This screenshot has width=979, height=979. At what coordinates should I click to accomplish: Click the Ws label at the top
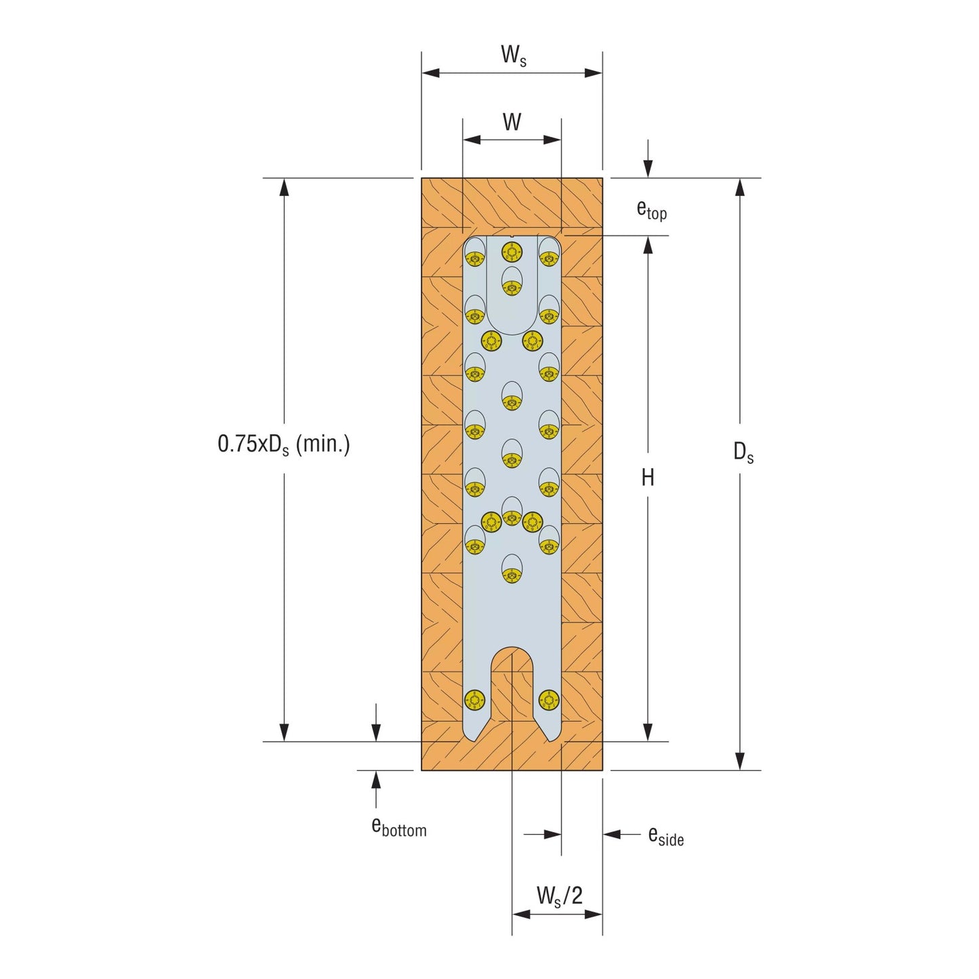point(514,56)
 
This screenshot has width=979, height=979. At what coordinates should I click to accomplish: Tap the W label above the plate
point(512,122)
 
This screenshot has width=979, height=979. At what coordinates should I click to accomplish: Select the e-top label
point(652,209)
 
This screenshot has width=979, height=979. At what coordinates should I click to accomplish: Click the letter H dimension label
point(648,478)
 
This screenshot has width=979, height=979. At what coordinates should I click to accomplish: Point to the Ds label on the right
point(743,452)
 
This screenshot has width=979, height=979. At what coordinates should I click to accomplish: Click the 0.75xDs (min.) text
point(283,444)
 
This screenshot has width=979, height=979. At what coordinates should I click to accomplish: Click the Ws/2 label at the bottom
point(560,895)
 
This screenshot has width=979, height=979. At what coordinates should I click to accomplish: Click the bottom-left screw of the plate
point(475,700)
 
